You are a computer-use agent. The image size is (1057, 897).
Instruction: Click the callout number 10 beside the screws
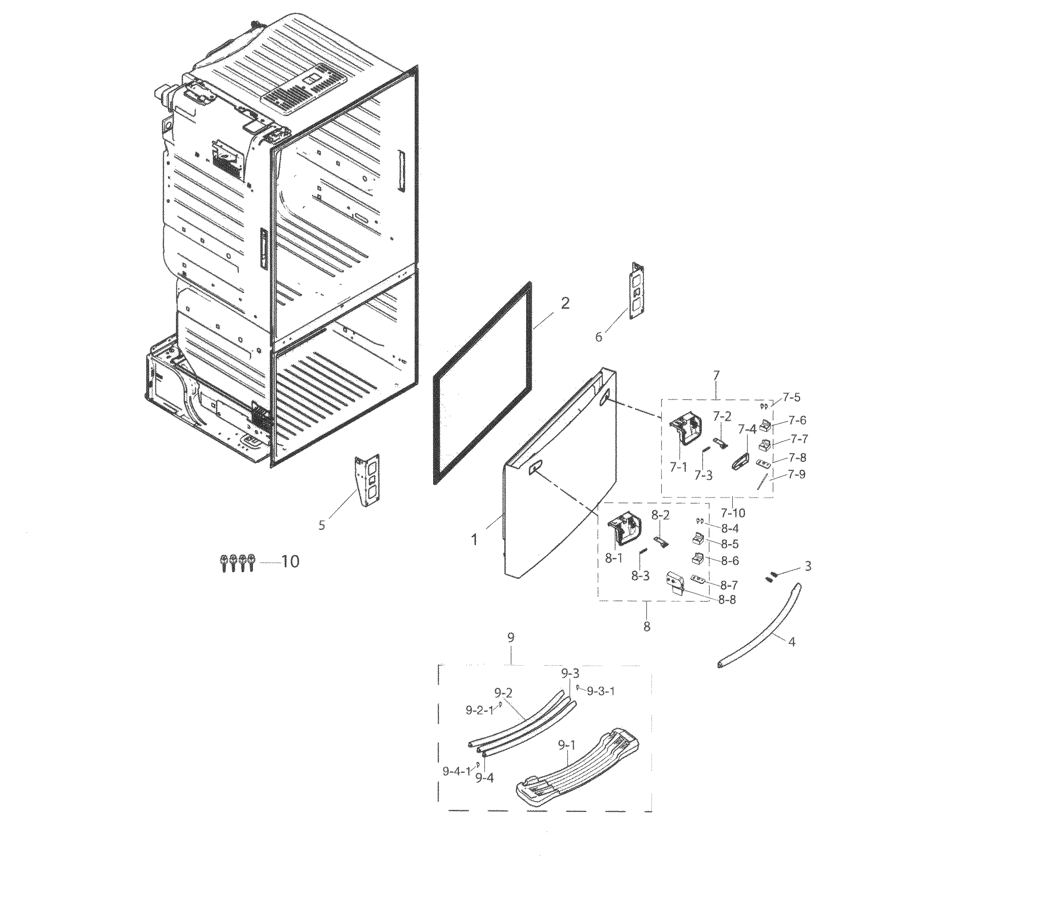pos(290,562)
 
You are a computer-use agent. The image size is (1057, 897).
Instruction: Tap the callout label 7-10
pos(732,513)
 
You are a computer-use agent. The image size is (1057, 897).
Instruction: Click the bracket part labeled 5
pos(367,480)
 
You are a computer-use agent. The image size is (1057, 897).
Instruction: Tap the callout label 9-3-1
pos(601,692)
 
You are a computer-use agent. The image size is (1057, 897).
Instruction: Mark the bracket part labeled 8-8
pos(675,583)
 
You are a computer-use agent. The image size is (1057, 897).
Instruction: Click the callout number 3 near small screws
pos(807,566)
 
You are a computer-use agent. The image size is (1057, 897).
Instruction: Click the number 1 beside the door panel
pos(474,539)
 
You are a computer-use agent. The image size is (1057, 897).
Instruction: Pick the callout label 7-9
pos(796,474)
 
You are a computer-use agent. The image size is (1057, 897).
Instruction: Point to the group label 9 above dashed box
pos(511,638)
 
